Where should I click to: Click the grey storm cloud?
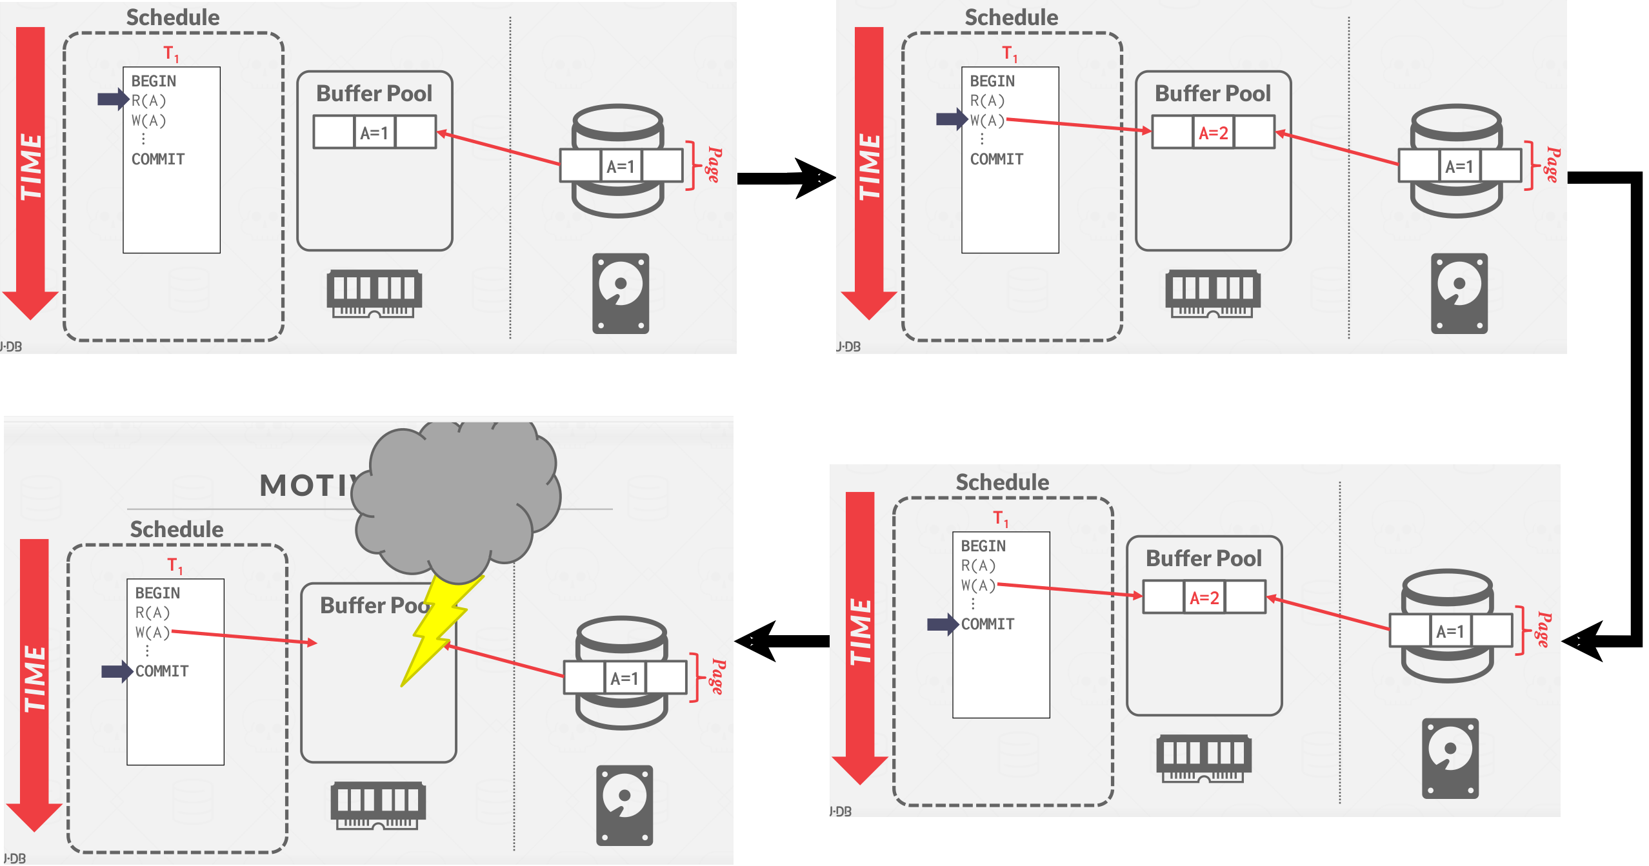pos(458,497)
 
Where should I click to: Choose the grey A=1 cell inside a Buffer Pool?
pos(374,133)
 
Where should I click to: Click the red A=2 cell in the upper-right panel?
pos(1213,133)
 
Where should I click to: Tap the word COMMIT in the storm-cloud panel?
pos(162,671)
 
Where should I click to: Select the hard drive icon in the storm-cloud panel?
pos(625,805)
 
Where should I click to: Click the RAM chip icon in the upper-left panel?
pos(374,294)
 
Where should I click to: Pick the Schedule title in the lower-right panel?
pos(1002,482)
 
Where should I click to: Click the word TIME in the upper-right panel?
pos(869,167)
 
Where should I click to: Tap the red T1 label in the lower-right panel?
pos(1001,518)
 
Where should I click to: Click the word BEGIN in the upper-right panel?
pos(992,81)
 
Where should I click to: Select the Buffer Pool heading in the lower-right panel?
pos(1203,558)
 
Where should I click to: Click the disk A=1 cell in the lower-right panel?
pos(1450,631)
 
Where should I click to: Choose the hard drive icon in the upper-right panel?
pos(1459,293)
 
